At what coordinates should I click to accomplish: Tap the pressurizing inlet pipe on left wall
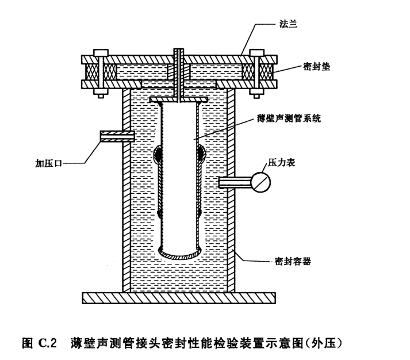pos(117,136)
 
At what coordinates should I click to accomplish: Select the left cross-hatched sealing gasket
pos(91,72)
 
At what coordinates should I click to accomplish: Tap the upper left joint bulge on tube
pos(158,154)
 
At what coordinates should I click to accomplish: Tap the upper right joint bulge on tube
pos(201,154)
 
